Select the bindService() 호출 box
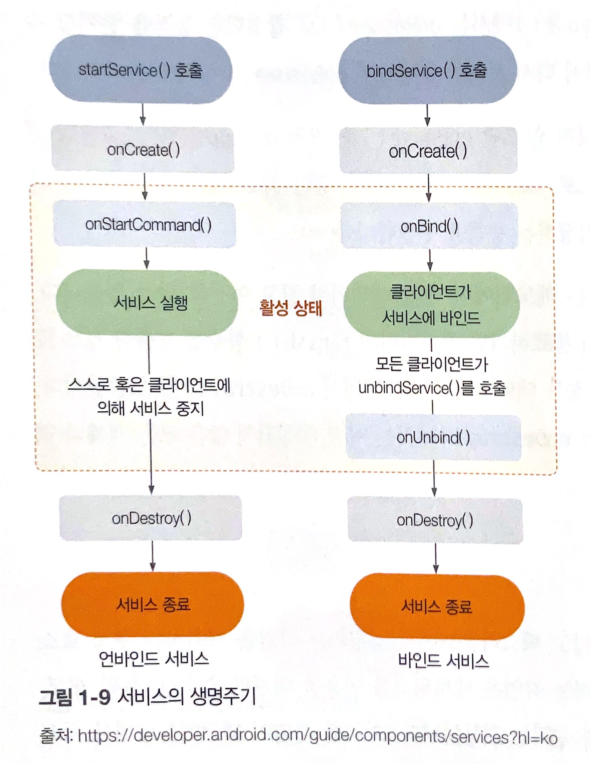[427, 70]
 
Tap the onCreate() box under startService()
[143, 150]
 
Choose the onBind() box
[429, 226]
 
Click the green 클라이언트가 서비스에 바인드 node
[431, 305]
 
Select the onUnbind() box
[433, 437]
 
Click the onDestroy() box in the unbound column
[151, 518]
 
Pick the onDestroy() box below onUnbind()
[435, 520]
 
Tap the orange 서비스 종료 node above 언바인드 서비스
[153, 604]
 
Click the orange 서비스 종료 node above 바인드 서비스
[437, 606]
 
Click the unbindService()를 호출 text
[432, 388]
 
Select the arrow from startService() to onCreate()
[142, 114]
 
